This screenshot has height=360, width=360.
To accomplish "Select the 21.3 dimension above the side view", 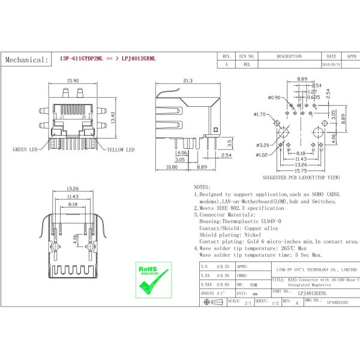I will tap(187, 80).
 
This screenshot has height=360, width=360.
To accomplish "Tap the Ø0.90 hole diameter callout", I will tap(274, 97).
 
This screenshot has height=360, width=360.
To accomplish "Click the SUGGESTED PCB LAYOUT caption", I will tap(301, 178).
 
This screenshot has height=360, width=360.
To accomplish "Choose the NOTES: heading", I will tap(202, 188).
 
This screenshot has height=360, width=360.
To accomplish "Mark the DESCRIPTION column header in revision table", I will tap(289, 56).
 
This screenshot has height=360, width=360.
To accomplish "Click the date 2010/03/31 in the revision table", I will tap(331, 64).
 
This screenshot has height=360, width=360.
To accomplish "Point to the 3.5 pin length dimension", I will tap(229, 143).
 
